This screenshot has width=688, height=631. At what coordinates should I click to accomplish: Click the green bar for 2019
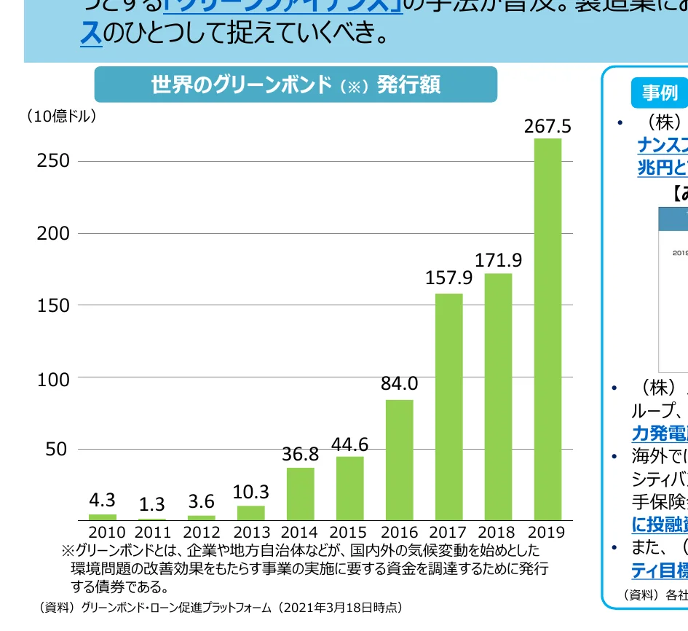pos(547,329)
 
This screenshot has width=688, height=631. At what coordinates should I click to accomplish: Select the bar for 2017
pos(448,407)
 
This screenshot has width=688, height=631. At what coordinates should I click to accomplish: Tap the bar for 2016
pos(399,460)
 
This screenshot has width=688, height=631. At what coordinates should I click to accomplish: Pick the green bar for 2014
pos(301,493)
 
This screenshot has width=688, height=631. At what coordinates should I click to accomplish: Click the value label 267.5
pos(547,127)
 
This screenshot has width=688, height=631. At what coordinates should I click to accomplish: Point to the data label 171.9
pos(499,260)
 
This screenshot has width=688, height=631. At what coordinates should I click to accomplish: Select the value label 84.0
pos(399,383)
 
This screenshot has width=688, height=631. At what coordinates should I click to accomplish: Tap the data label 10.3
pos(251,492)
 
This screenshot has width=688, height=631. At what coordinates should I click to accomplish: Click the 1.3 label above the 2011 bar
pos(152,504)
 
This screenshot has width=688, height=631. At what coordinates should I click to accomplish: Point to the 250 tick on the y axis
pos(53,161)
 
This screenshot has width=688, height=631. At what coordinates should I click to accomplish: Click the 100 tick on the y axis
pos(53,379)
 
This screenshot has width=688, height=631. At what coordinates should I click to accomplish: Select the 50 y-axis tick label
pos(57,450)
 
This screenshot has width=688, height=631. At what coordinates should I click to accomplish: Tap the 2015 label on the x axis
pos(348,533)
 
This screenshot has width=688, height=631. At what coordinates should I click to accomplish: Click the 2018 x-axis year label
pos(497,533)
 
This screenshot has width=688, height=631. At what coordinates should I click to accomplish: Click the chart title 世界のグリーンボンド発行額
pos(296,85)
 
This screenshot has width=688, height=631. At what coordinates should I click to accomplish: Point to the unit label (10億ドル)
pos(61,116)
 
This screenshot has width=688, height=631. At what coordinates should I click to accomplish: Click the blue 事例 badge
pos(659,93)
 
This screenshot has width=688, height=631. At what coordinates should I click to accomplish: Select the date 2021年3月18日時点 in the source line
pos(339,607)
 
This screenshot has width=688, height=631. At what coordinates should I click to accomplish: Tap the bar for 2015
pos(350,488)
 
